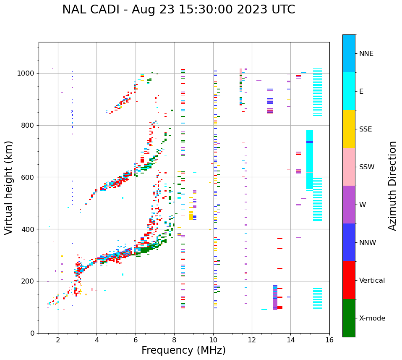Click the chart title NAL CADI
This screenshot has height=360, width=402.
[x=178, y=10]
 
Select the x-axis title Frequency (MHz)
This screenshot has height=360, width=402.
[x=183, y=350]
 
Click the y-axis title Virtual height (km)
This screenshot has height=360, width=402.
[x=9, y=187]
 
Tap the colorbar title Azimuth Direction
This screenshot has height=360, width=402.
[x=392, y=186]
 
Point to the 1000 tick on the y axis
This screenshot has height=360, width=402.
[x=28, y=74]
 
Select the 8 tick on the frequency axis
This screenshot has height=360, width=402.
[x=174, y=340]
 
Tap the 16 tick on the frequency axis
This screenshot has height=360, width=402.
[x=329, y=340]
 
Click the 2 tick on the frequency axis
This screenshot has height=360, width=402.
[x=58, y=340]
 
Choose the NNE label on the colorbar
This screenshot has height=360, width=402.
[x=366, y=54]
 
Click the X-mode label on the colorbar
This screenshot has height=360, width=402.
[x=372, y=318]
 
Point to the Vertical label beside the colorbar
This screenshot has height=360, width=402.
[x=372, y=281]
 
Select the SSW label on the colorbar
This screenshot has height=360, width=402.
[x=366, y=167]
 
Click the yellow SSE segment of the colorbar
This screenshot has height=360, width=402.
[x=349, y=129]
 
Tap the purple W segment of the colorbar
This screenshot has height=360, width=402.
[x=349, y=205]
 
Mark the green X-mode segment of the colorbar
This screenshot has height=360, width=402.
[x=349, y=318]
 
